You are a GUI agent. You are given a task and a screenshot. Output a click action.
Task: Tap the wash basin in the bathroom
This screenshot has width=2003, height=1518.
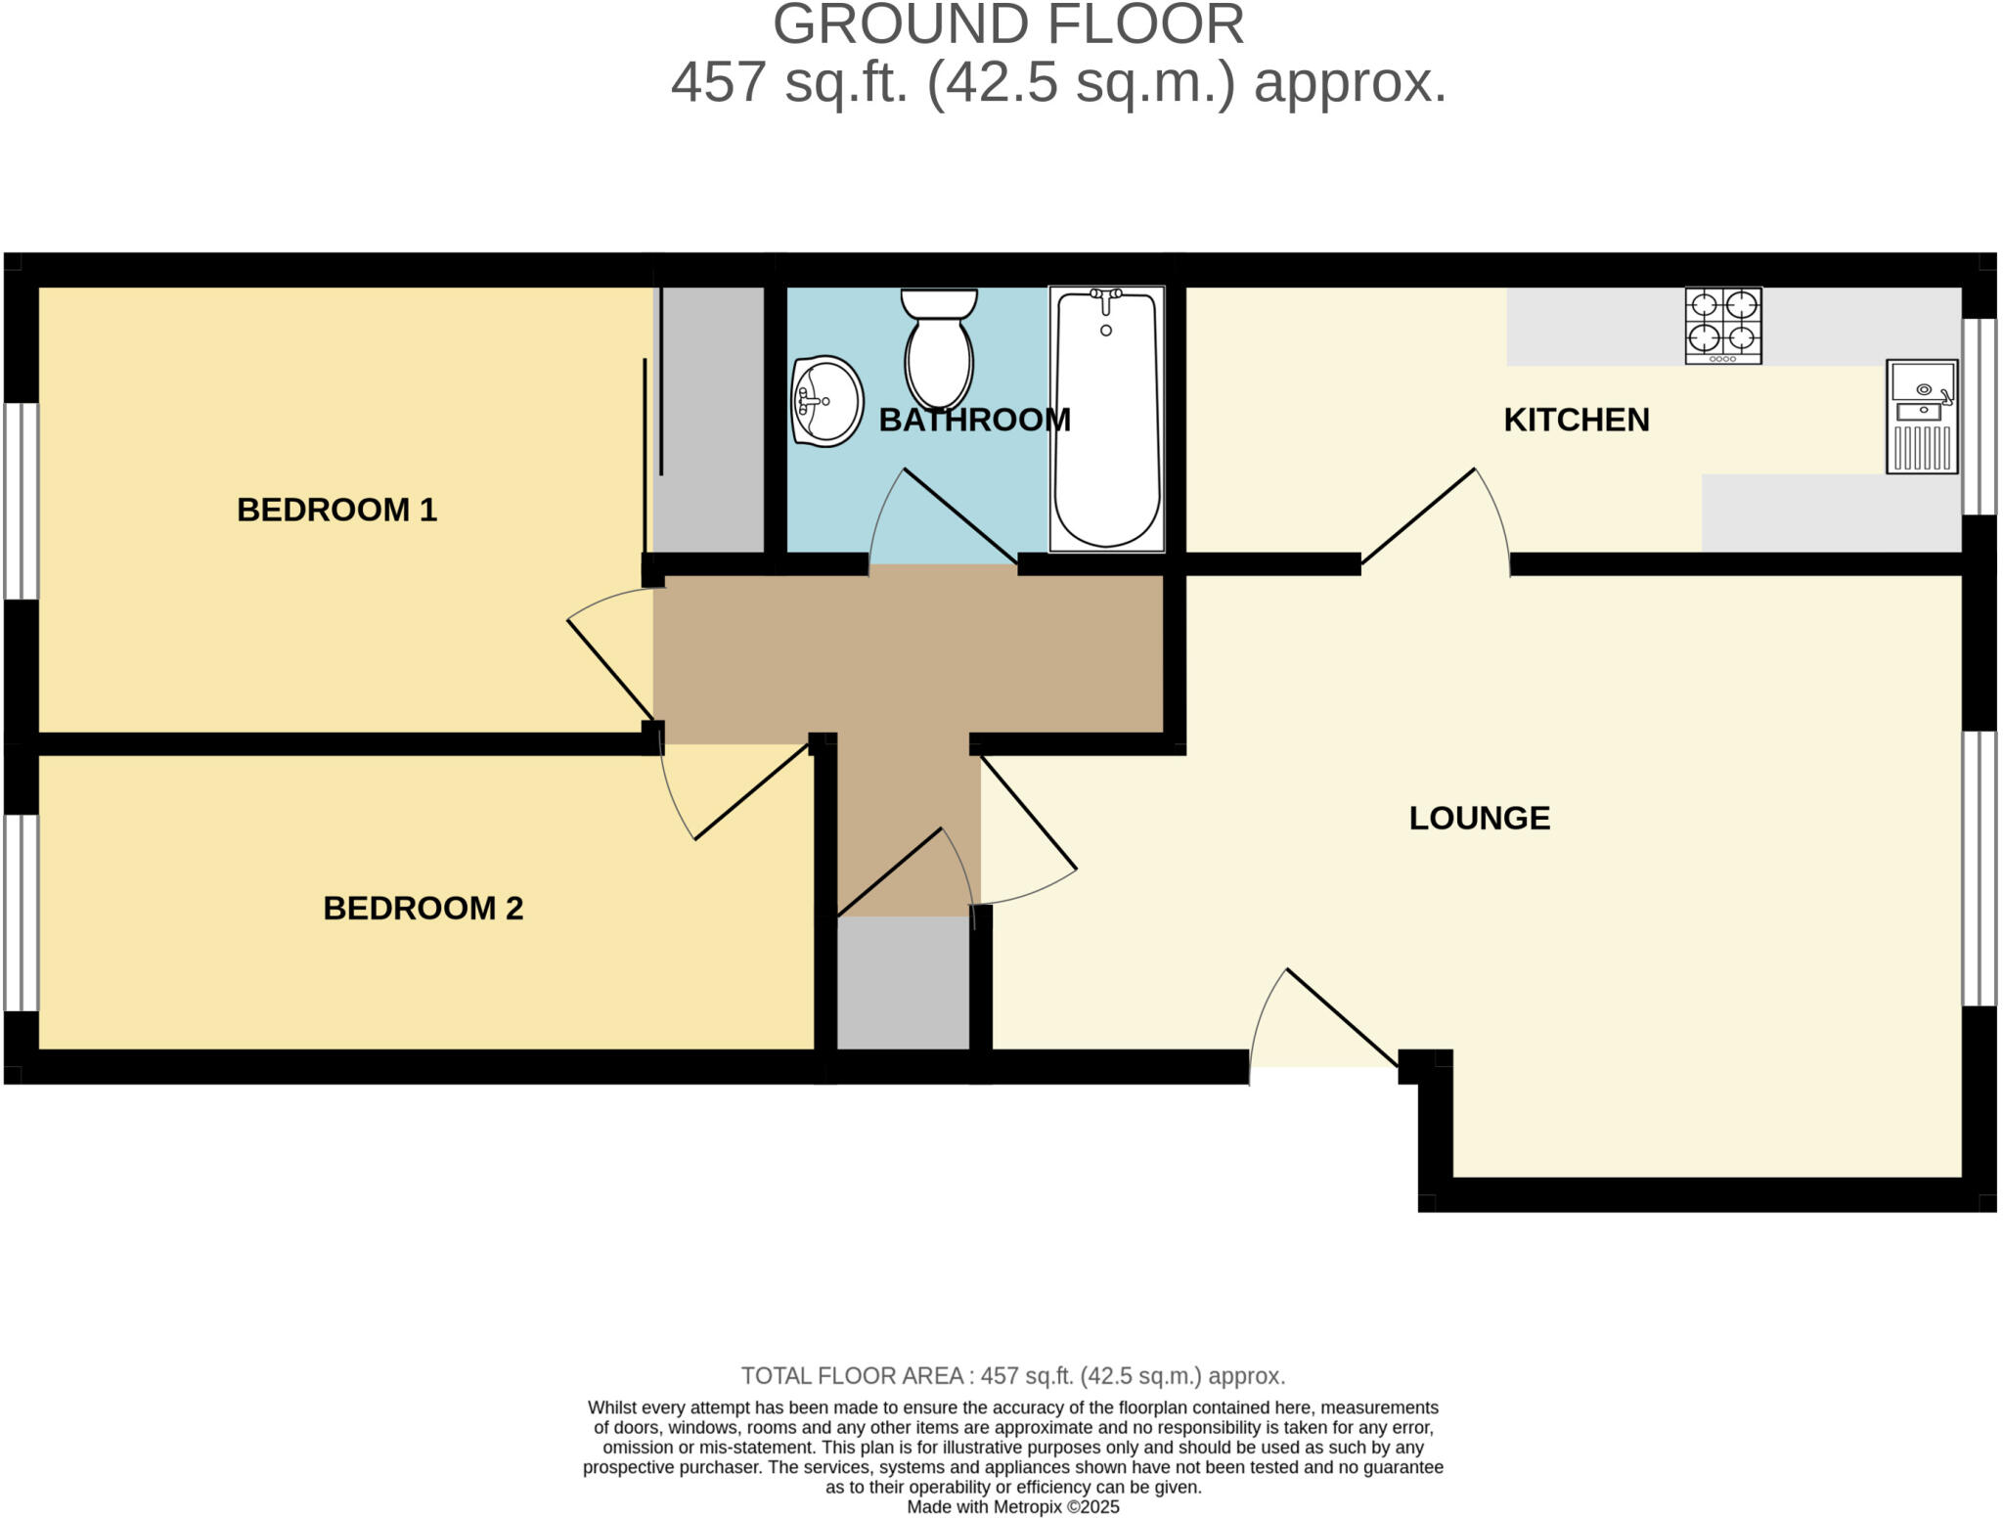[825, 401]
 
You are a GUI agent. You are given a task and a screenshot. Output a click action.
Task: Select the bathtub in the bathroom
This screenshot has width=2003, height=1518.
[1106, 419]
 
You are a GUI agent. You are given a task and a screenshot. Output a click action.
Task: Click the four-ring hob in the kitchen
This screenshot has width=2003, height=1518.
[1722, 326]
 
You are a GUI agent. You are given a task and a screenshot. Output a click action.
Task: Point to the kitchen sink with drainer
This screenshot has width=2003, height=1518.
[1922, 418]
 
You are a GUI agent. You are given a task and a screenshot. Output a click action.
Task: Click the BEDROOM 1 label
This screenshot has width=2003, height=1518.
[336, 510]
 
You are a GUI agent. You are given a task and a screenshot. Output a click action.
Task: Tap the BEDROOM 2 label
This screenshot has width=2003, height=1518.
[423, 908]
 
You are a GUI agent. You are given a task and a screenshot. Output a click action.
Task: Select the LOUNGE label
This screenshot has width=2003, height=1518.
[1479, 818]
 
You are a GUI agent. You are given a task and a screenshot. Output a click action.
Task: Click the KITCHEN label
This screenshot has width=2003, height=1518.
[1576, 420]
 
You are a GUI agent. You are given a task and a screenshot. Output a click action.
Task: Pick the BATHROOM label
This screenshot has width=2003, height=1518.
[974, 420]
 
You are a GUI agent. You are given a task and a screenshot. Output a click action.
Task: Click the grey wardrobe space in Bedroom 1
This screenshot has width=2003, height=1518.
[709, 421]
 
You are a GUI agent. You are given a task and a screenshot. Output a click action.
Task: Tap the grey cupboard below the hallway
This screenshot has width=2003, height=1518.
[903, 983]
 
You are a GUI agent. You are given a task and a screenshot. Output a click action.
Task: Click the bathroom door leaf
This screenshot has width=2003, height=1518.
[958, 515]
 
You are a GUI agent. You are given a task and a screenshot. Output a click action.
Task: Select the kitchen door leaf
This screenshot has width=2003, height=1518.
[1418, 515]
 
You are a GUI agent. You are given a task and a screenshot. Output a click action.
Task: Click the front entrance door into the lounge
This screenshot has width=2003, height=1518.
[1341, 1017]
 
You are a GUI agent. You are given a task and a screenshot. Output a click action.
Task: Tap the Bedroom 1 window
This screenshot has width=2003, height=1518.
[21, 501]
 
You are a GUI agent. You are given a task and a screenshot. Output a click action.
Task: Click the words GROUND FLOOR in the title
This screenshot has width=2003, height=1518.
[1007, 24]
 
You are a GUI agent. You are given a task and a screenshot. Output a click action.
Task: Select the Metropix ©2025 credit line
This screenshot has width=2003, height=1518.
[1012, 1507]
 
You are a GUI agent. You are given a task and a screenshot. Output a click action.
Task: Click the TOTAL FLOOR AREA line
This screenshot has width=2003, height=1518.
[1012, 1376]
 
